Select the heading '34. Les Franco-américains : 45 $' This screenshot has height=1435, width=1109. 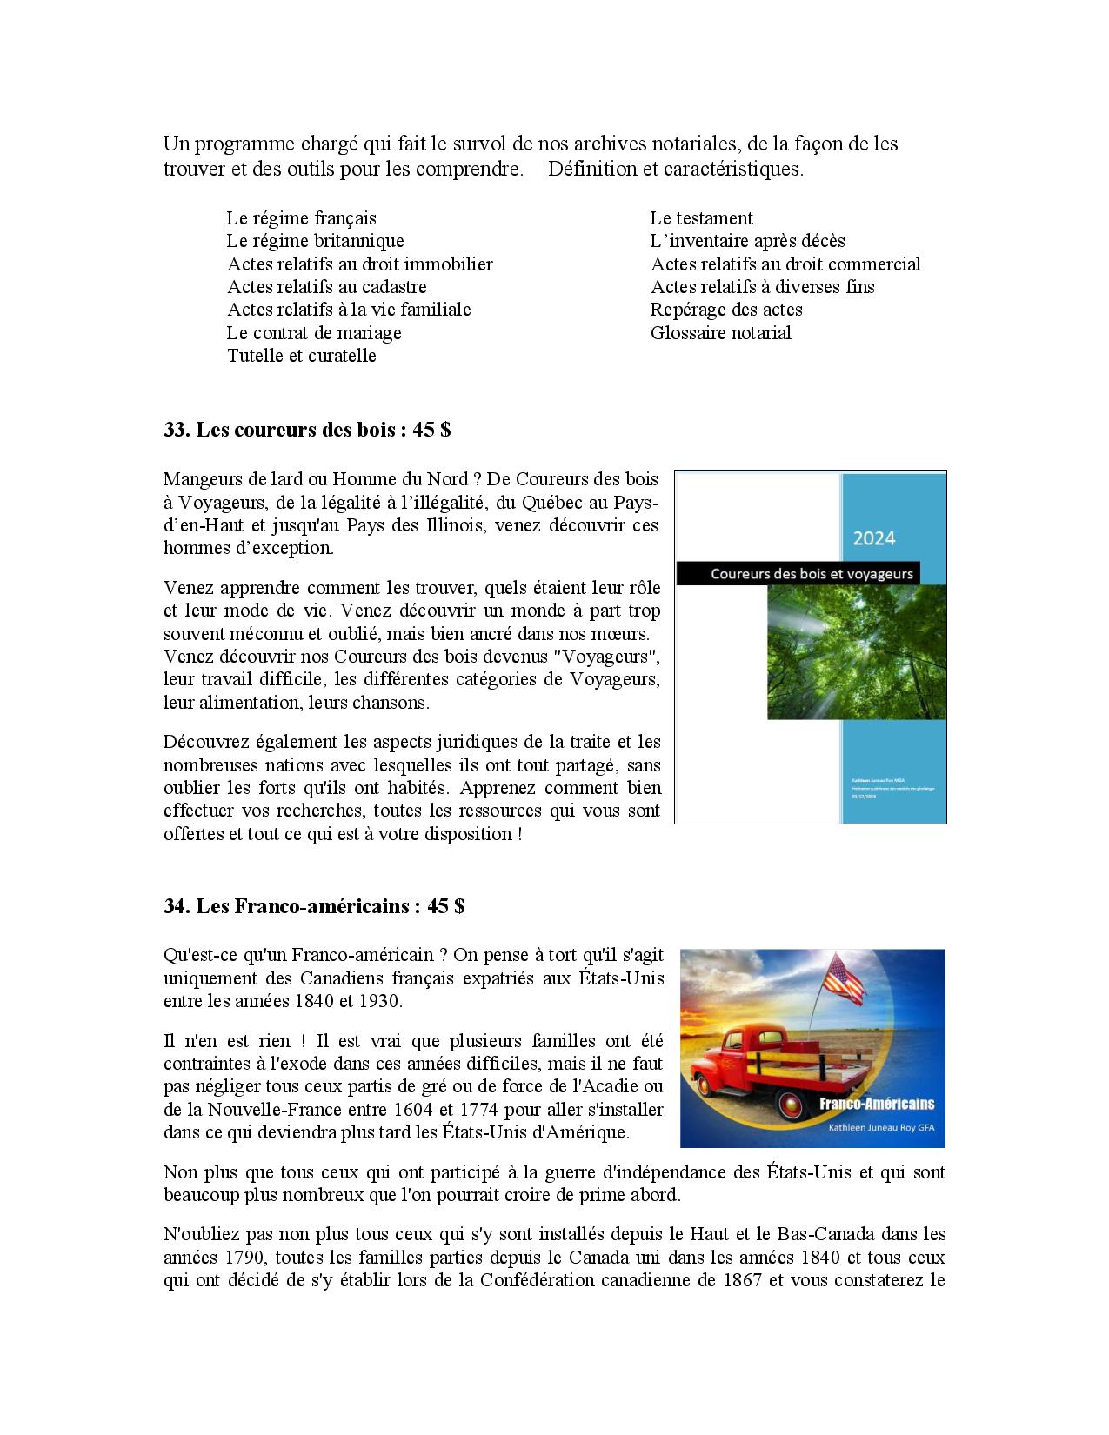point(314,906)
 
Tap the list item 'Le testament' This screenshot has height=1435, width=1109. point(701,218)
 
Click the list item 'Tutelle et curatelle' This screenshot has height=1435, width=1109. point(302,356)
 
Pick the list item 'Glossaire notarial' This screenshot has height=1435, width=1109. point(721,333)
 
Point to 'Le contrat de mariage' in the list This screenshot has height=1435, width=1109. point(314,333)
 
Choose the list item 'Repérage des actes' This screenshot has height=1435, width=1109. point(726,310)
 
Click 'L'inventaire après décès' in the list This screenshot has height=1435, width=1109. point(747,241)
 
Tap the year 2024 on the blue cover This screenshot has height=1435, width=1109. point(873,538)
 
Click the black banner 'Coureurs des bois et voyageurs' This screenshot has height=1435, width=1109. point(798,573)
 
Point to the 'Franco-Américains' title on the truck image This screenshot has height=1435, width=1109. point(877,1104)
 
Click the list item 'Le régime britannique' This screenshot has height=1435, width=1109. point(316,241)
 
